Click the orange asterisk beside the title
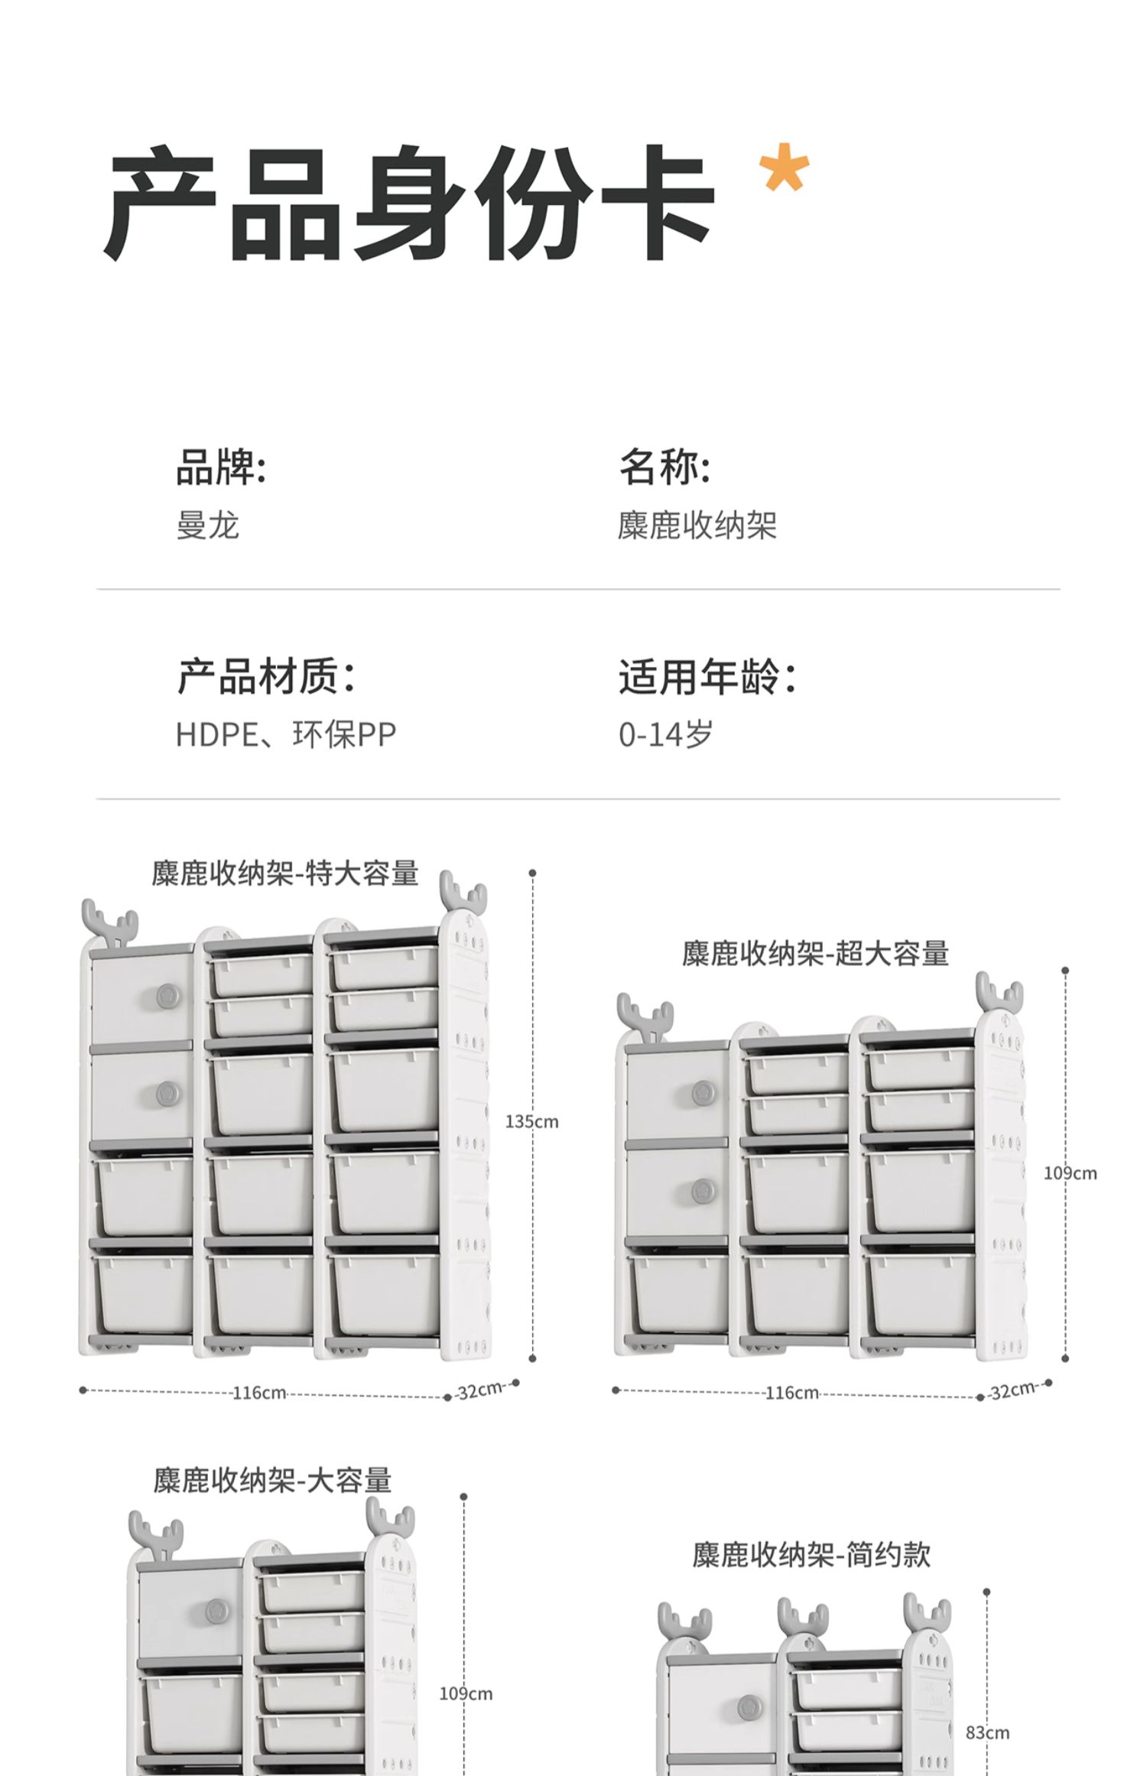pyautogui.click(x=783, y=168)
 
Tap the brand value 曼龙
pyautogui.click(x=207, y=525)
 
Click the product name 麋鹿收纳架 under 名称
pyautogui.click(x=697, y=525)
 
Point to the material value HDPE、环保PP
pyautogui.click(x=286, y=734)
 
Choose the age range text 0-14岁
pyautogui.click(x=665, y=734)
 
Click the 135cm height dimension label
pyautogui.click(x=531, y=1122)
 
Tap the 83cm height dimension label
pyautogui.click(x=987, y=1732)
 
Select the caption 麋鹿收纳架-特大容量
pyautogui.click(x=284, y=873)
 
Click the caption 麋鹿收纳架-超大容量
pyautogui.click(x=815, y=953)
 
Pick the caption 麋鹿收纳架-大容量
pyautogui.click(x=272, y=1480)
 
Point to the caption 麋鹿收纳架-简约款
pyautogui.click(x=811, y=1554)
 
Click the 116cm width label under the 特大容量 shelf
pyautogui.click(x=259, y=1393)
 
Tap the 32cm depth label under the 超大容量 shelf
pyautogui.click(x=1013, y=1390)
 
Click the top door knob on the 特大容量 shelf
pyautogui.click(x=167, y=996)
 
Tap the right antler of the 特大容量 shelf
pyautogui.click(x=463, y=892)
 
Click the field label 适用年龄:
pyautogui.click(x=707, y=677)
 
